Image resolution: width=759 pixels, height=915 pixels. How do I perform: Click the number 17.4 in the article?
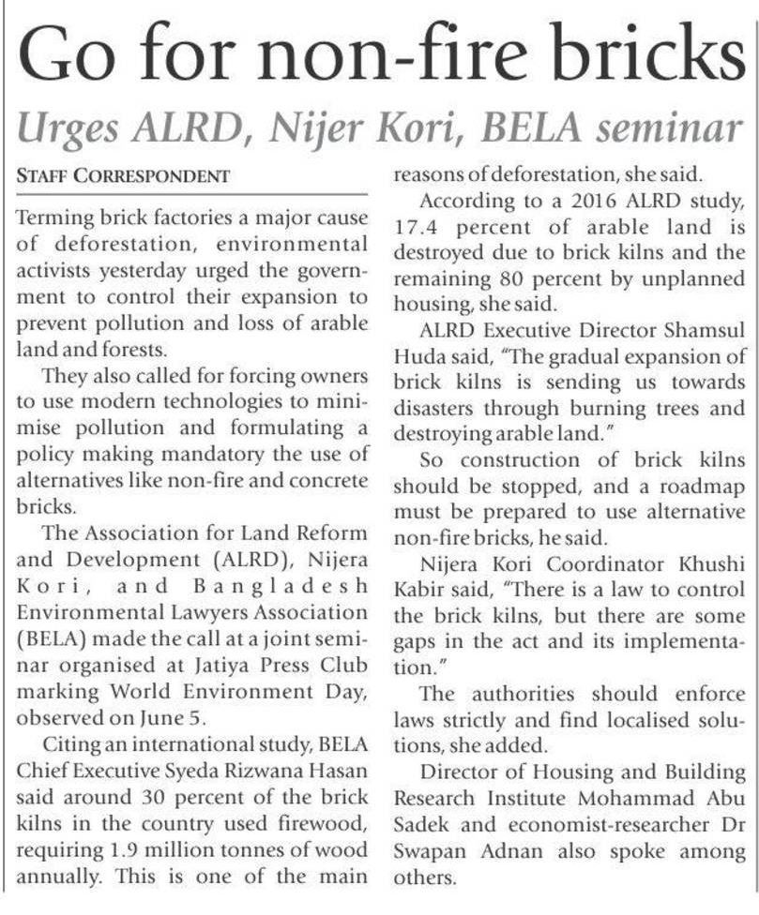point(420,228)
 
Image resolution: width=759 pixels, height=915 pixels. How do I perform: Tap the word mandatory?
point(199,483)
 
